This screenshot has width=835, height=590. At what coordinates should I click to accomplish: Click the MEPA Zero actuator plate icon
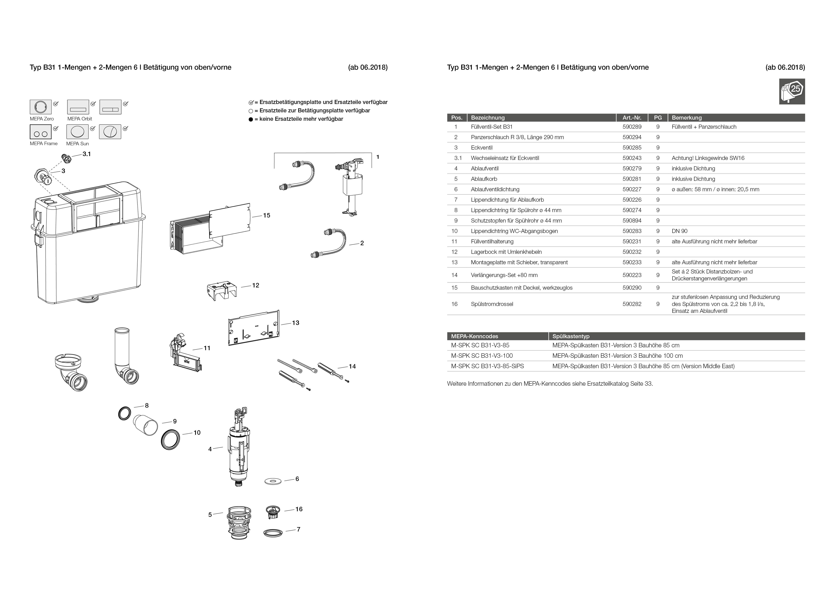40,107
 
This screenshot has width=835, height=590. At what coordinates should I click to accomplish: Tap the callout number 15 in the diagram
267,215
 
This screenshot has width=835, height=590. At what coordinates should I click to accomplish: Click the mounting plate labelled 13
254,328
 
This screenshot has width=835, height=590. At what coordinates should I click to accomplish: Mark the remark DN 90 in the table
679,231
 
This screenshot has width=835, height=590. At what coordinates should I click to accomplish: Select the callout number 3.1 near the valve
87,154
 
